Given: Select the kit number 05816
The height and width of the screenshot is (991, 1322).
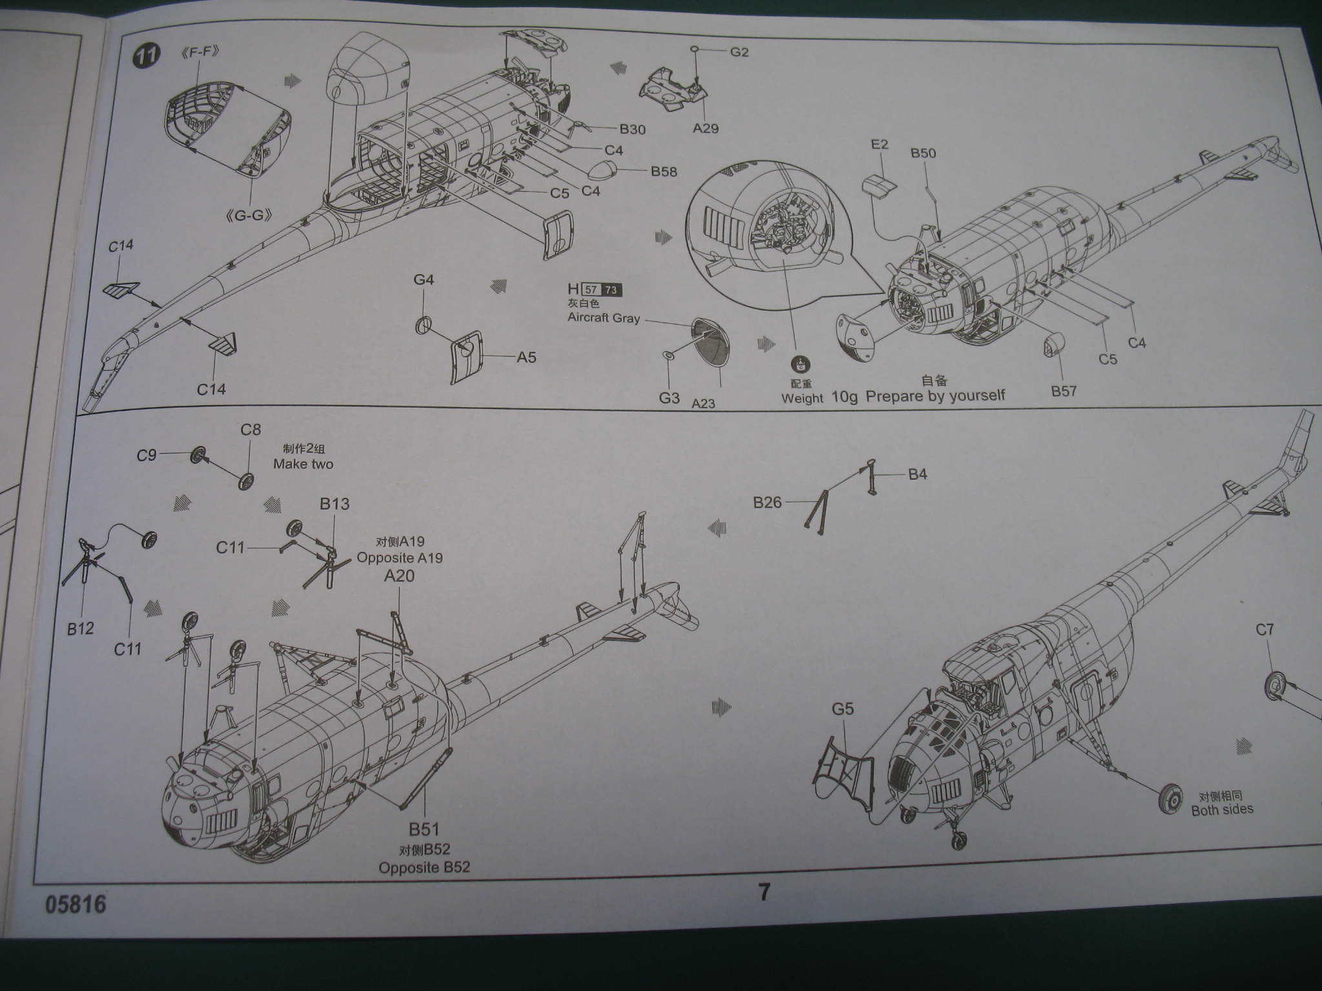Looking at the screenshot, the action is pos(76,904).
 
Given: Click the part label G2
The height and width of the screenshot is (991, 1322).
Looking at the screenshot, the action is pos(739,52).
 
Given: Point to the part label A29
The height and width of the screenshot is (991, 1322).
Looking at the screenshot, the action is pos(706,128).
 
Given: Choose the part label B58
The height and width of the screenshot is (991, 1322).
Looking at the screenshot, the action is pos(664,171).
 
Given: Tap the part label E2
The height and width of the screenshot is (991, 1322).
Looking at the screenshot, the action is pos(880,144).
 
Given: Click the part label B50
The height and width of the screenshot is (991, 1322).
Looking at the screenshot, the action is pos(923,154).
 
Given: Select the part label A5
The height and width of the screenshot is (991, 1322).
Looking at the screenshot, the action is pos(526,357).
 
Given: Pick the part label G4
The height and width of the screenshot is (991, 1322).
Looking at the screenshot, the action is pos(423,279).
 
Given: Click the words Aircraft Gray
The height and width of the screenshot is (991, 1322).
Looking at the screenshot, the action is pos(604,317).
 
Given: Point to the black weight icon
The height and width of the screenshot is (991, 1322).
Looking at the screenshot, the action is pos(802,365).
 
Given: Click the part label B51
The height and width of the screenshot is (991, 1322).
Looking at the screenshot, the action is pos(423,828).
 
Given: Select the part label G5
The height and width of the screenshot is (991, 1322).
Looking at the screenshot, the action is pos(842,710).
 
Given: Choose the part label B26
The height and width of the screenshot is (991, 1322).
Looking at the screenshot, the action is pos(768,502).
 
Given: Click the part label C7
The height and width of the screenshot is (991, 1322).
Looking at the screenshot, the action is pos(1265,629).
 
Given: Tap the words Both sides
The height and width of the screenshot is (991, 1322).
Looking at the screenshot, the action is pos(1222,810).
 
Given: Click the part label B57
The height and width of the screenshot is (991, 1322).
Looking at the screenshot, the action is pos(1063,390).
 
